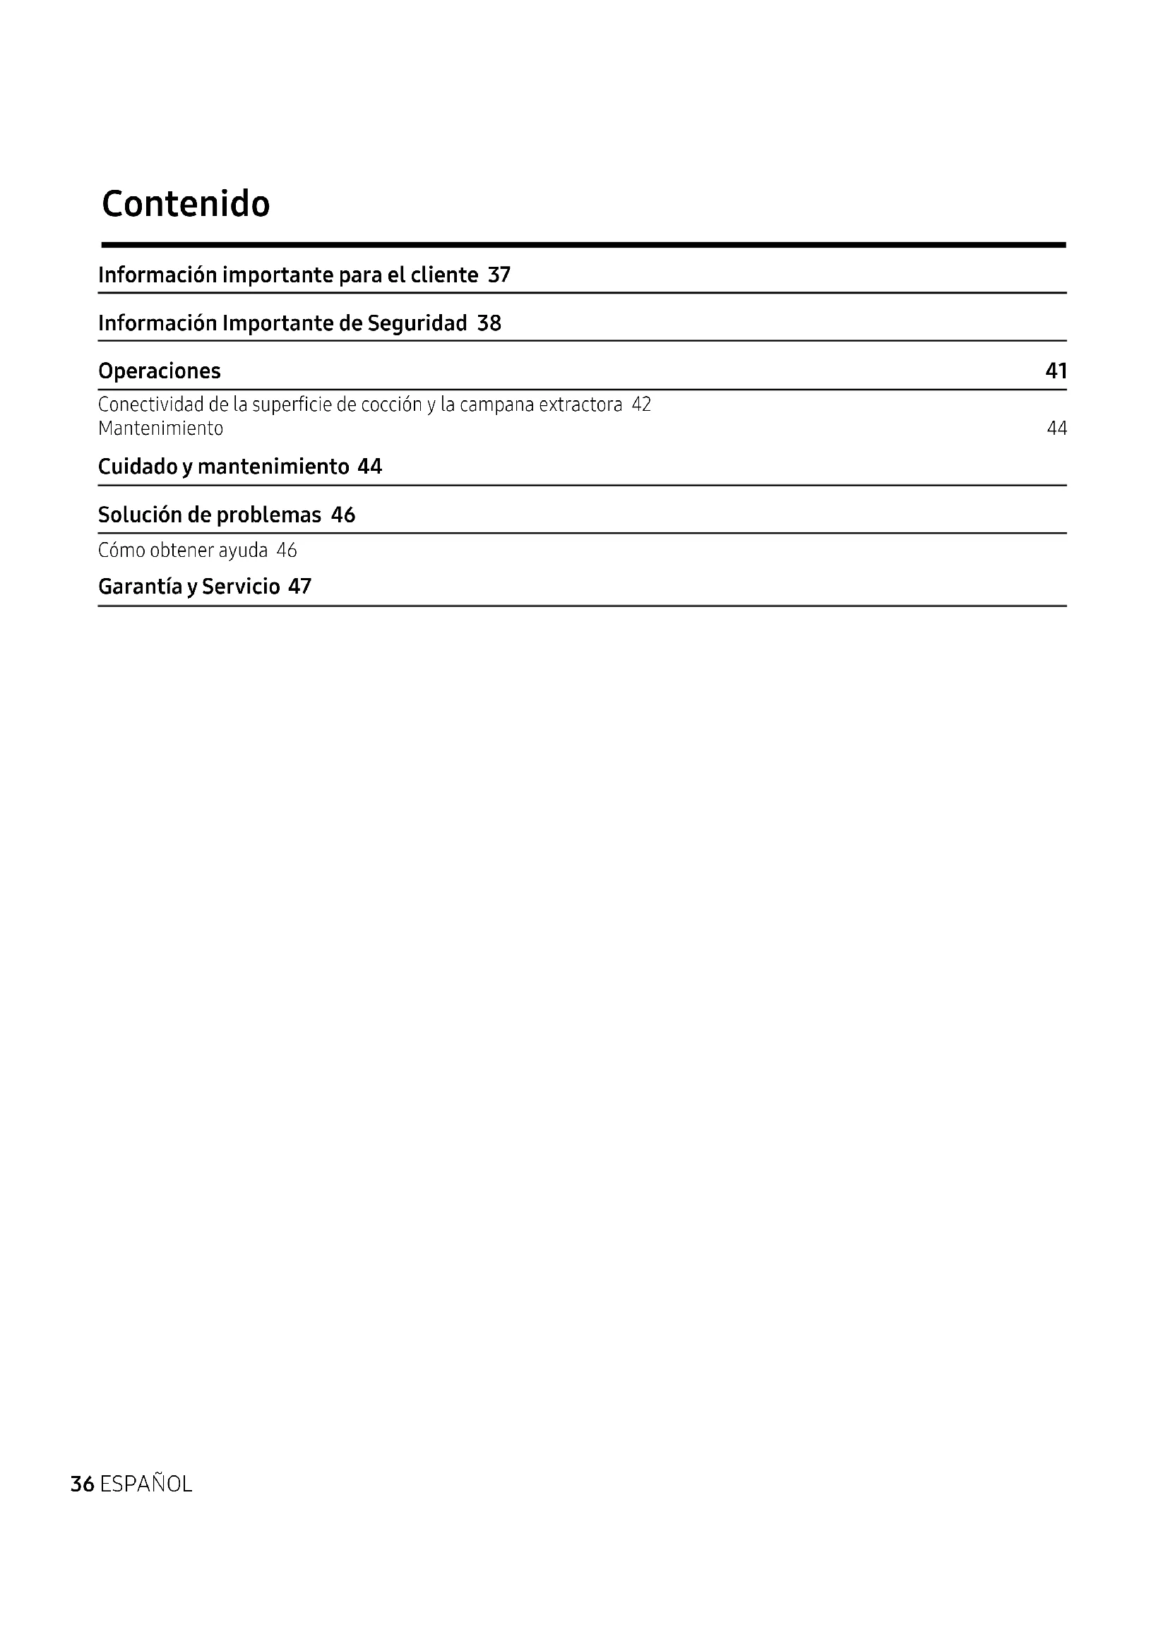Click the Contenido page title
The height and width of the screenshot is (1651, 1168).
[x=186, y=204]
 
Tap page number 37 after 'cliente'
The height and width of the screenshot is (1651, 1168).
[x=499, y=275]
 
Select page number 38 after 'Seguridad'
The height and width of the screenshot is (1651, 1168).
[x=489, y=323]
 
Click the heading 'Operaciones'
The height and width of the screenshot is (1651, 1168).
[x=159, y=371]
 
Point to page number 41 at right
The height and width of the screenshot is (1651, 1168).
[x=1056, y=371]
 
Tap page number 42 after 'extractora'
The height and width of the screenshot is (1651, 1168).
[x=640, y=405]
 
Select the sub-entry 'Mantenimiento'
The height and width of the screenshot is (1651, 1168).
[x=160, y=428]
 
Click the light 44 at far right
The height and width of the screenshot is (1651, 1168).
[x=1056, y=428]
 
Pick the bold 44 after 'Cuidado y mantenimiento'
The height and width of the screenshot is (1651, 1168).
[x=369, y=467]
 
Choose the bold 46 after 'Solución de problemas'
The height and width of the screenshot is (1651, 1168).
[x=343, y=515]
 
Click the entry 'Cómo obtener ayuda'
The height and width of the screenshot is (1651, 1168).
[x=183, y=551]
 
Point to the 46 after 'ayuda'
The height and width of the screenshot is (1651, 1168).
[x=286, y=551]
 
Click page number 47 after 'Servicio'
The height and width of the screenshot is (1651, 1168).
[x=300, y=587]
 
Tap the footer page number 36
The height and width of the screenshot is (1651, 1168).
[x=82, y=1484]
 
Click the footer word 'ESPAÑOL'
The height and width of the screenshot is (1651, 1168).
[x=146, y=1484]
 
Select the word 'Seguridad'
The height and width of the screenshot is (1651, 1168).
[x=417, y=323]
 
